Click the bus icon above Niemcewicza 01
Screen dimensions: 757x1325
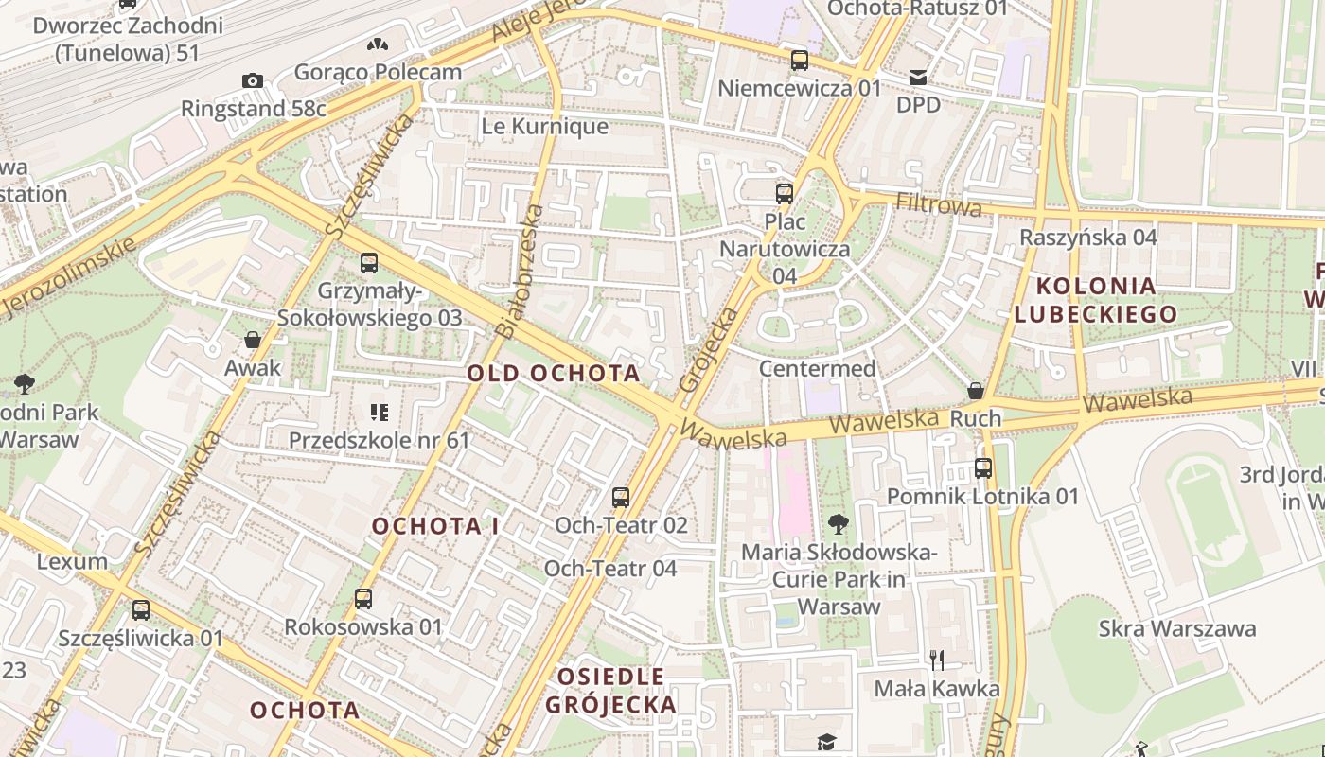tap(800, 62)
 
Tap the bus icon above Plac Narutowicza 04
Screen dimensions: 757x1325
tap(785, 194)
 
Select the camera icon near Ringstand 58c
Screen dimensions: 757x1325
tap(253, 80)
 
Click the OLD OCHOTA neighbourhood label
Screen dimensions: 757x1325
tap(553, 374)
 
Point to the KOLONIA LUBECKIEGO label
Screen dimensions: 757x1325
tap(1096, 300)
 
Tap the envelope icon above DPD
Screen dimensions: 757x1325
tap(918, 78)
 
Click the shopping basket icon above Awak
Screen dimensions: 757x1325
tap(253, 340)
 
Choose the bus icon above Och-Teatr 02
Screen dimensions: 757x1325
tap(621, 497)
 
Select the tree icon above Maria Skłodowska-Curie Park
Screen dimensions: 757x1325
tap(838, 523)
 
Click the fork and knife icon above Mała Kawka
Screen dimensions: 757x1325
tap(937, 660)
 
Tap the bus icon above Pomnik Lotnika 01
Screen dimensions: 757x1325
tap(983, 467)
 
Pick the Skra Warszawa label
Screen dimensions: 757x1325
tap(1177, 628)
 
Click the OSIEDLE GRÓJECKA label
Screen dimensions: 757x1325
tap(611, 691)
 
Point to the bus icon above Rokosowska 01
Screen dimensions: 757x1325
tap(363, 598)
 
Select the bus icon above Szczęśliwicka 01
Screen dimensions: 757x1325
tap(141, 610)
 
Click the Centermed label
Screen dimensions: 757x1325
tap(818, 368)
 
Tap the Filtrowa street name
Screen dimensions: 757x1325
tap(938, 204)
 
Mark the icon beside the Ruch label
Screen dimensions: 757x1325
tap(976, 391)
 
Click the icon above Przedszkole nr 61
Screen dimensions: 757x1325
tap(380, 413)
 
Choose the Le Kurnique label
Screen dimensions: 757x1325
tap(544, 126)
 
